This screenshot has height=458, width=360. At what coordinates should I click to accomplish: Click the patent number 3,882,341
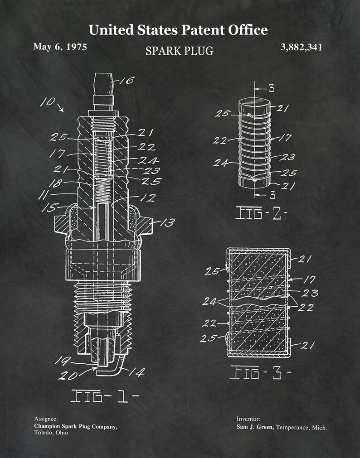[302, 47]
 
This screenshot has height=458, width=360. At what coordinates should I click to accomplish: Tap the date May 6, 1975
[60, 47]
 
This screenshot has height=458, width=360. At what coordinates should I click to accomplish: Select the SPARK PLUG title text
[179, 51]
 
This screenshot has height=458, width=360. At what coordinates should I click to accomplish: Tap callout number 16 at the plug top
[127, 81]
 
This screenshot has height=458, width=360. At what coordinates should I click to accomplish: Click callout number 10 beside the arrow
[48, 103]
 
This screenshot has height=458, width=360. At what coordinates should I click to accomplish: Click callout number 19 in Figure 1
[62, 361]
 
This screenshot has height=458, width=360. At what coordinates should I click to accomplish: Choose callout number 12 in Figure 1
[148, 198]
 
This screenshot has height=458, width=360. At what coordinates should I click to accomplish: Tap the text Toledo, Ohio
[51, 433]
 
